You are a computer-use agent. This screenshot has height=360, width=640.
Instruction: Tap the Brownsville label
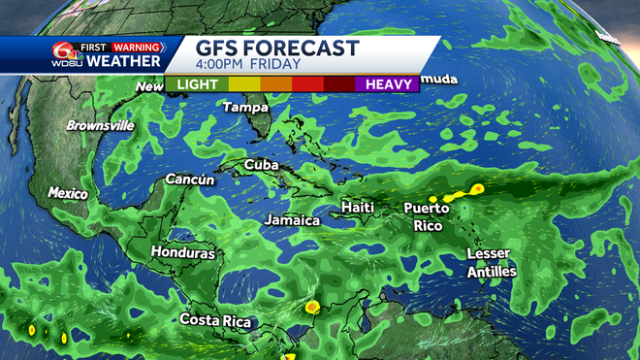pos(100,125)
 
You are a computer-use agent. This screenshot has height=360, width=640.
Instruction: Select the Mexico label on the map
pos(68,194)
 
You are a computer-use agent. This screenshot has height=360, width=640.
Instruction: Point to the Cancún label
pos(190,180)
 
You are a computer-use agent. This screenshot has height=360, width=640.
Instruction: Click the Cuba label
pos(261,165)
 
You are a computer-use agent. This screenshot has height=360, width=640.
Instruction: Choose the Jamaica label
pos(292,220)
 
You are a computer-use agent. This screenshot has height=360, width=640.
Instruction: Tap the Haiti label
pos(358,208)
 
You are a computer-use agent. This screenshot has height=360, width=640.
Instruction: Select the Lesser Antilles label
pos(491,262)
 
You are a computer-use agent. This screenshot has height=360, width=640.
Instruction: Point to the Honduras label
pos(182,252)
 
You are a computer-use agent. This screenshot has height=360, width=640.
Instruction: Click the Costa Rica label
pos(215,321)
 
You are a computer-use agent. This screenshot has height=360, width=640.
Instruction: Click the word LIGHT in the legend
pos(198,84)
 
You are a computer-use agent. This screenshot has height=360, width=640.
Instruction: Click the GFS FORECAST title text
pos(277,49)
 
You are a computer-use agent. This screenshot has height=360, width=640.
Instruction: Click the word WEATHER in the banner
pos(124,62)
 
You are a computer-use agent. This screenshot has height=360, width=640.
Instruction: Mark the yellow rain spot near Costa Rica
pos(311,308)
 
